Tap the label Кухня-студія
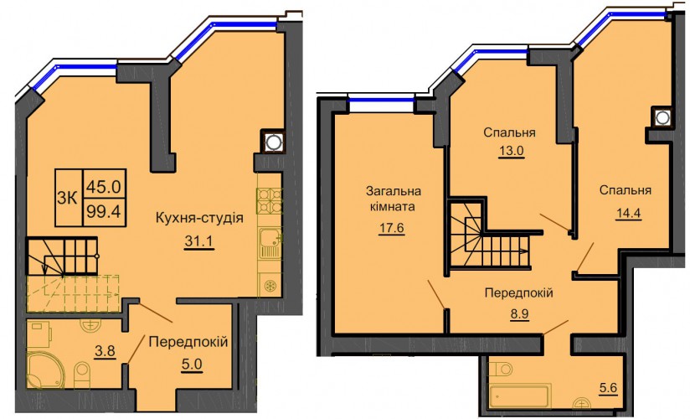(200, 218)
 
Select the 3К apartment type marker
(67, 199)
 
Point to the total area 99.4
(103, 212)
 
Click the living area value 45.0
(103, 187)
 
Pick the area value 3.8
(106, 351)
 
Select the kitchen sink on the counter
(270, 243)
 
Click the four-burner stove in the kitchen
(270, 201)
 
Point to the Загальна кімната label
(394, 199)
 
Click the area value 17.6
(391, 228)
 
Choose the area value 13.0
(512, 151)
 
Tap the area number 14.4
(627, 213)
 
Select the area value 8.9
(518, 313)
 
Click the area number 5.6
(608, 388)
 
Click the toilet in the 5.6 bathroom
(501, 368)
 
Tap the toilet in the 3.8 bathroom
(82, 375)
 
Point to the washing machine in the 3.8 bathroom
(39, 334)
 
